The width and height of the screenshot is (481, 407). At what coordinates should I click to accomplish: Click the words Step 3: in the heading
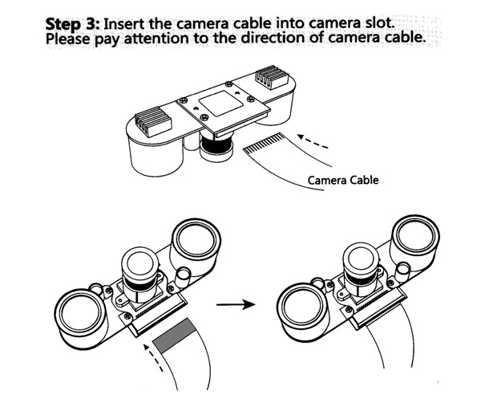tap(73, 24)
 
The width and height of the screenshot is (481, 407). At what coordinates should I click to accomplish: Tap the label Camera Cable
tap(343, 180)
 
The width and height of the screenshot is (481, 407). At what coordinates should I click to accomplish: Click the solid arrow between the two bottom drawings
tap(236, 304)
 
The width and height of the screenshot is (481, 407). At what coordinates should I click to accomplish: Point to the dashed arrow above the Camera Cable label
tap(313, 141)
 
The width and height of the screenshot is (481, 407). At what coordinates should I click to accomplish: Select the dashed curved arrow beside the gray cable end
tap(152, 357)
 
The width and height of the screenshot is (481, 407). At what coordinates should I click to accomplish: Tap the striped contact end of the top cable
tap(263, 143)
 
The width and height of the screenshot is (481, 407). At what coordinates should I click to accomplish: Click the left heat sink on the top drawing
tap(153, 121)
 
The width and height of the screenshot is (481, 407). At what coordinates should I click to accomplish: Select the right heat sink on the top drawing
tap(272, 77)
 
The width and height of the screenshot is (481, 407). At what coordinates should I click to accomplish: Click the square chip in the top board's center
tap(220, 104)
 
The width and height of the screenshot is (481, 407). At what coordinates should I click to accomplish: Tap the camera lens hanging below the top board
tap(216, 147)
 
